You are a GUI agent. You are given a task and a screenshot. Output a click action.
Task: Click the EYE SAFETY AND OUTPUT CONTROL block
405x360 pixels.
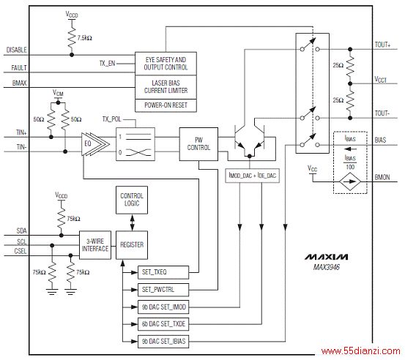(166, 64)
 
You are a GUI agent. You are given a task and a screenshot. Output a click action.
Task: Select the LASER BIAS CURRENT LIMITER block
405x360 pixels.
(166, 87)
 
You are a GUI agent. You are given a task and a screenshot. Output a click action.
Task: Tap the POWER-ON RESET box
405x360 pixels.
(166, 105)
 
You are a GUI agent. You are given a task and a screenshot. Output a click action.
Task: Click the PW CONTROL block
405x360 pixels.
(198, 144)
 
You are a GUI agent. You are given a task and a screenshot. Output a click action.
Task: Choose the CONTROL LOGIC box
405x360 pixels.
(132, 200)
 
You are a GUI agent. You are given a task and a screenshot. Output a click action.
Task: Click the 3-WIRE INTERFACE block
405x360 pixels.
(95, 245)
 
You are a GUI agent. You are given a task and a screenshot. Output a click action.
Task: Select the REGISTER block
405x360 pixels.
(132, 245)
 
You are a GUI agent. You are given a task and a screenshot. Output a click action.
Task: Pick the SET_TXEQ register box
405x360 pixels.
(163, 272)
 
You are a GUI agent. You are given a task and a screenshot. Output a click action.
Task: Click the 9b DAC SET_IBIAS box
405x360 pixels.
(163, 342)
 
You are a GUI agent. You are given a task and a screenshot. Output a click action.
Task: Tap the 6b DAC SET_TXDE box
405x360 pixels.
(163, 324)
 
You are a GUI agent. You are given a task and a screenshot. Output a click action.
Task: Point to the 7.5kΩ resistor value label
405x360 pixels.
(85, 38)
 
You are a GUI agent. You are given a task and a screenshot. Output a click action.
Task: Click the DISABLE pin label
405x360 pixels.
(17, 50)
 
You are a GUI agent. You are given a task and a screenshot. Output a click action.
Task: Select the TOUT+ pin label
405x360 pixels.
(382, 45)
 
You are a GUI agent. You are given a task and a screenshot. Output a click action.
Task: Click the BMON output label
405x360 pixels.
(382, 177)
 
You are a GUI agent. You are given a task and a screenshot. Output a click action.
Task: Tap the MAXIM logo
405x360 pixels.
(327, 257)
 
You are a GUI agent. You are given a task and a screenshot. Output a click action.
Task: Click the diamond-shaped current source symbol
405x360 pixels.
(350, 181)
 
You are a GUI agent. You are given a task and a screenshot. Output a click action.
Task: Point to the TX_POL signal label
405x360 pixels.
(111, 119)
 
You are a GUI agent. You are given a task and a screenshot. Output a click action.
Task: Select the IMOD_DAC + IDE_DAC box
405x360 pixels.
(253, 176)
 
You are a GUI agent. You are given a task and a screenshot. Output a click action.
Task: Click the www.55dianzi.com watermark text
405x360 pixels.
(361, 351)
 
